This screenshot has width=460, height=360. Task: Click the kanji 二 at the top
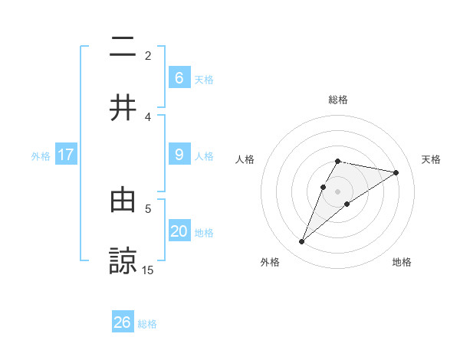click(123, 48)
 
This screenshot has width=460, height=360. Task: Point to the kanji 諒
click(123, 260)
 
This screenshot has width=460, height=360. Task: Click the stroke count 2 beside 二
click(148, 55)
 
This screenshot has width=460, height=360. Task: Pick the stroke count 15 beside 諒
click(148, 270)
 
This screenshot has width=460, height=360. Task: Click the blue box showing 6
click(179, 77)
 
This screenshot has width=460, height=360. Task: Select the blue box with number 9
click(179, 155)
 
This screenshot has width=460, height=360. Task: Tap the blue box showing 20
click(179, 231)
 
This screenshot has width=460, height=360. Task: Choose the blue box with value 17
click(66, 155)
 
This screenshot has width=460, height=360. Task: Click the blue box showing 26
click(123, 322)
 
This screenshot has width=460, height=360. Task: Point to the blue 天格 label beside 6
click(204, 79)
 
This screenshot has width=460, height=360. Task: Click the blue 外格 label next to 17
click(41, 155)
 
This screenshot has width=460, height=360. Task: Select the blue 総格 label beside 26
click(148, 324)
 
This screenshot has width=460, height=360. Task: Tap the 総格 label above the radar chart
click(338, 100)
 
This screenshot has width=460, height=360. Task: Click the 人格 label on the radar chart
click(245, 159)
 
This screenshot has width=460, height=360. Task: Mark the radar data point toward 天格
click(396, 172)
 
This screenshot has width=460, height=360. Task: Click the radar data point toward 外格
click(301, 242)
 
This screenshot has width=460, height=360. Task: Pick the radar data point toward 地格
click(347, 204)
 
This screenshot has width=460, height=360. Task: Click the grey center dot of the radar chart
click(338, 191)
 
